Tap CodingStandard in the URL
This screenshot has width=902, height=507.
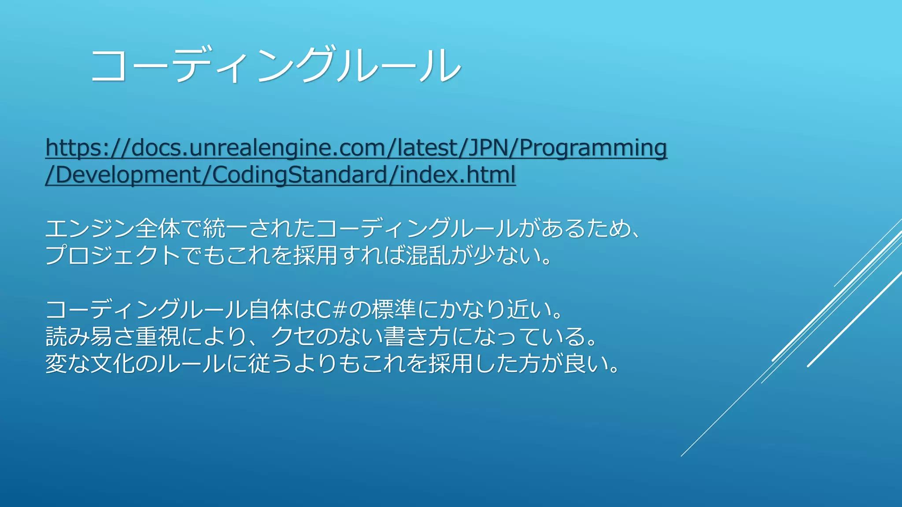299,175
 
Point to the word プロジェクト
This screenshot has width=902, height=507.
112,255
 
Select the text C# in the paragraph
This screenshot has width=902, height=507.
330,309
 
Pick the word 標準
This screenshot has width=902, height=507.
394,309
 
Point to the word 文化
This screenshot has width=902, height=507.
112,364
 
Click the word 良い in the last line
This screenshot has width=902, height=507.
586,364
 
